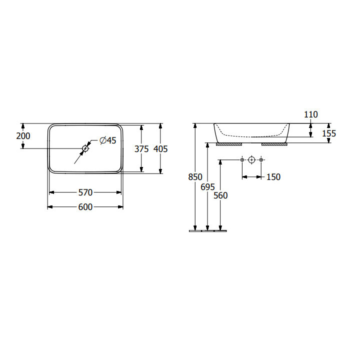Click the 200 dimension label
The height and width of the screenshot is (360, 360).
pos(23,136)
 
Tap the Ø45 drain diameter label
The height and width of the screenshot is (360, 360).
pos(108,140)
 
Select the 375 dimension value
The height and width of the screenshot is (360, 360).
pos(141,149)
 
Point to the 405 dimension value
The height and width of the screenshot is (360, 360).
pos(160,149)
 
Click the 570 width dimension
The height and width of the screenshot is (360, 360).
pos(85,192)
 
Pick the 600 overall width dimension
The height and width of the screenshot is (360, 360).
pos(85,207)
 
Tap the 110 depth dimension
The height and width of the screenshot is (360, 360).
pos(311,114)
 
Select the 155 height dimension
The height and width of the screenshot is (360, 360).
pos(329,133)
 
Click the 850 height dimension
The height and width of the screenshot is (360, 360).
pos(195,177)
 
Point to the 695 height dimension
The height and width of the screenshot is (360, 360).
pos(208,187)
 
